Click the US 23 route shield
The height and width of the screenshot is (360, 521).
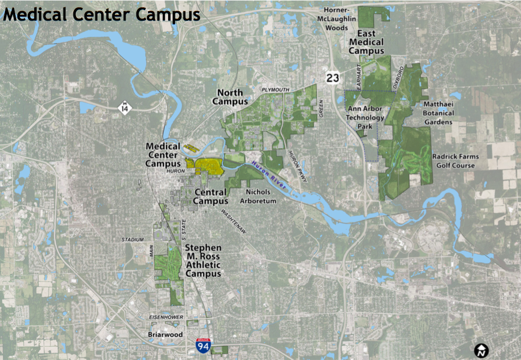(x=333, y=77)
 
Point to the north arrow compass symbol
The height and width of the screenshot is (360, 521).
(x=482, y=350)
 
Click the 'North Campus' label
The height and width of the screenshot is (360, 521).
(x=230, y=97)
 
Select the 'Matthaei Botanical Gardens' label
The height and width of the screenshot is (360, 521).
(x=438, y=113)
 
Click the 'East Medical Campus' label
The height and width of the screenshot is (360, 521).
(x=366, y=42)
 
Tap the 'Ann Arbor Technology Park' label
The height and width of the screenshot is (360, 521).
(x=365, y=117)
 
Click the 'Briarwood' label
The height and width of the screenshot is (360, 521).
(x=165, y=335)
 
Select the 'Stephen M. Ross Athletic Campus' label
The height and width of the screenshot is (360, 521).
(x=203, y=261)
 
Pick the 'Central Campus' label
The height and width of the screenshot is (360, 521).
(x=211, y=197)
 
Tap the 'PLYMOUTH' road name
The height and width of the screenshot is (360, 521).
(x=276, y=90)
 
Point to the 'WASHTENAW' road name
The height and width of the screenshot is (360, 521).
(x=233, y=222)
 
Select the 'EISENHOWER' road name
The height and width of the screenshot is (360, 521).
(x=166, y=317)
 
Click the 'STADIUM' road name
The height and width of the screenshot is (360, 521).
(x=133, y=240)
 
